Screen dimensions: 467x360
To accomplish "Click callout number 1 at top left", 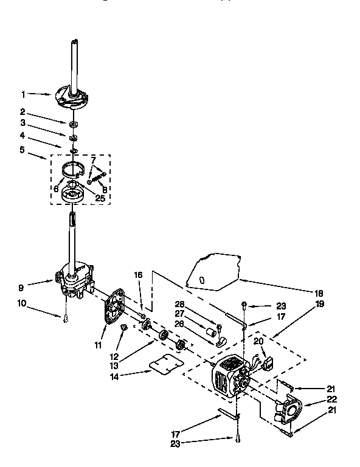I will click(23, 94).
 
